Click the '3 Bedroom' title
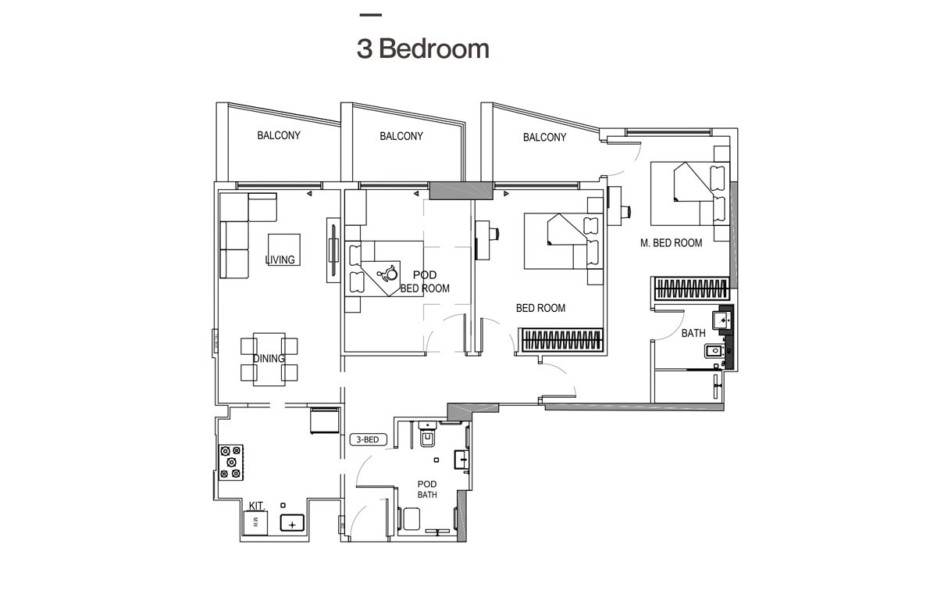tap(422, 48)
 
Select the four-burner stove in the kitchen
tap(232, 462)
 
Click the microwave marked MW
tap(255, 523)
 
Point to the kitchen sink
tap(292, 524)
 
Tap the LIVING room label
tap(280, 260)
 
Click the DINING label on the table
tap(269, 358)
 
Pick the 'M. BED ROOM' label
tap(671, 243)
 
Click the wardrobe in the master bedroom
tap(691, 288)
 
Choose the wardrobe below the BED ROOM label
tap(562, 340)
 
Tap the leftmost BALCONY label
tap(279, 135)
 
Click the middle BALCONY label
tap(401, 136)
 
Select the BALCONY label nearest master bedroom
tap(544, 138)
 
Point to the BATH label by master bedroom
tap(693, 333)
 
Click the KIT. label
tap(258, 506)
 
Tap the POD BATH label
tap(426, 489)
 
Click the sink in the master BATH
tap(722, 320)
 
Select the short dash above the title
tap(370, 15)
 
